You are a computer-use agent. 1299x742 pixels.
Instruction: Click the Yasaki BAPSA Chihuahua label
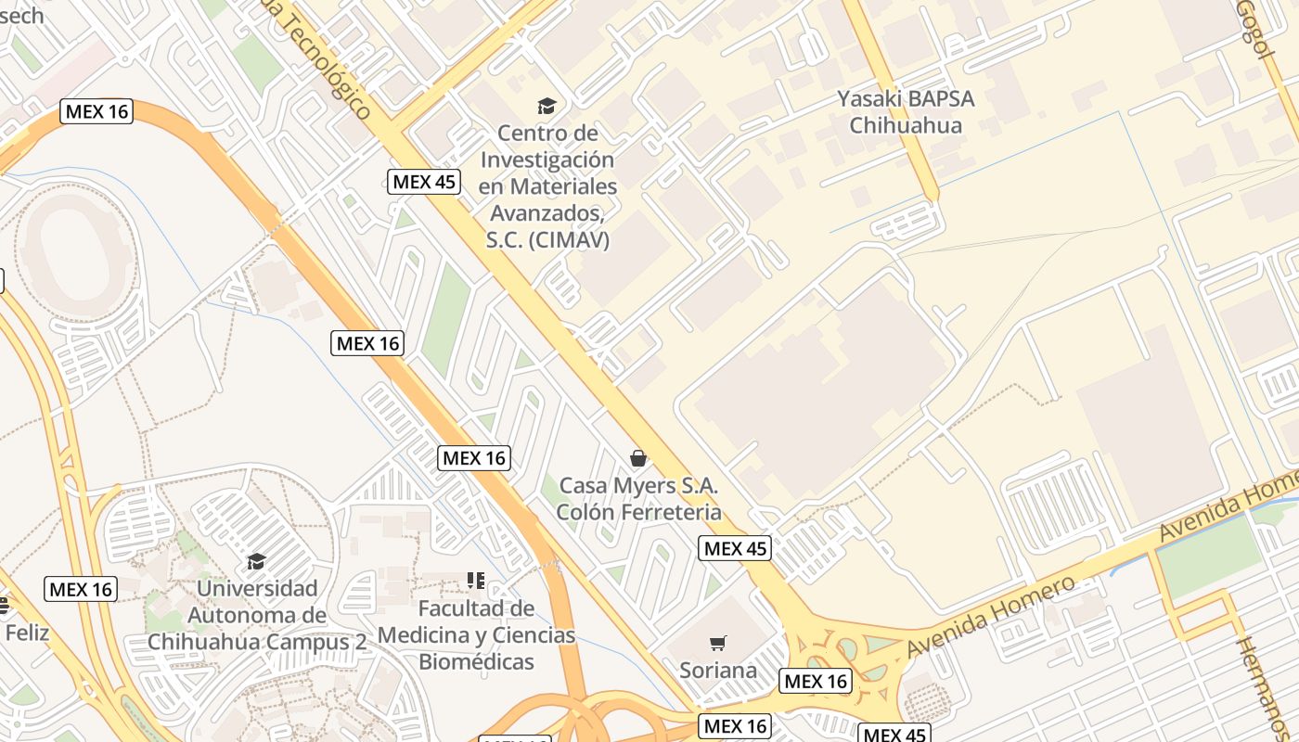tap(905, 111)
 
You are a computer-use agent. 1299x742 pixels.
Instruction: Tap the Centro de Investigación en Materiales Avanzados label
tap(547, 186)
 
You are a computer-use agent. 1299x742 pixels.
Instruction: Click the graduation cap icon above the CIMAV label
tap(547, 106)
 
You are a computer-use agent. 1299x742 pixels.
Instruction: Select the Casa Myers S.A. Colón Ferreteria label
tap(638, 499)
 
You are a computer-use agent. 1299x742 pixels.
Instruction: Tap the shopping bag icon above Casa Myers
tap(638, 458)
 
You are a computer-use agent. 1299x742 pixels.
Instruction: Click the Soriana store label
tap(718, 671)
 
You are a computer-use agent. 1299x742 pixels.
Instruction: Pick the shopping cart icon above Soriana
tap(717, 643)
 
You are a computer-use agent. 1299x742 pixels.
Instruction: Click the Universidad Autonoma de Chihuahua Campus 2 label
tap(257, 615)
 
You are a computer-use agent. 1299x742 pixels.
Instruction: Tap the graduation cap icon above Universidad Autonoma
tap(256, 561)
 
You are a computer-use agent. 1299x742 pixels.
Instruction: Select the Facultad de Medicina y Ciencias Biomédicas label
tap(476, 635)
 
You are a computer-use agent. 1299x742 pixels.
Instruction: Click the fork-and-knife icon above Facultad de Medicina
tap(476, 582)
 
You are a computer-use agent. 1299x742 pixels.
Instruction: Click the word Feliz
tap(26, 633)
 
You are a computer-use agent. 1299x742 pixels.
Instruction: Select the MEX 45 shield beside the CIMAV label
tap(424, 182)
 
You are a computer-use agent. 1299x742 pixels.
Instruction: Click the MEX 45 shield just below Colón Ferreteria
tap(735, 548)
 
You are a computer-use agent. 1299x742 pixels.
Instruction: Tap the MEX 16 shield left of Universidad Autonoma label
tap(81, 589)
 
